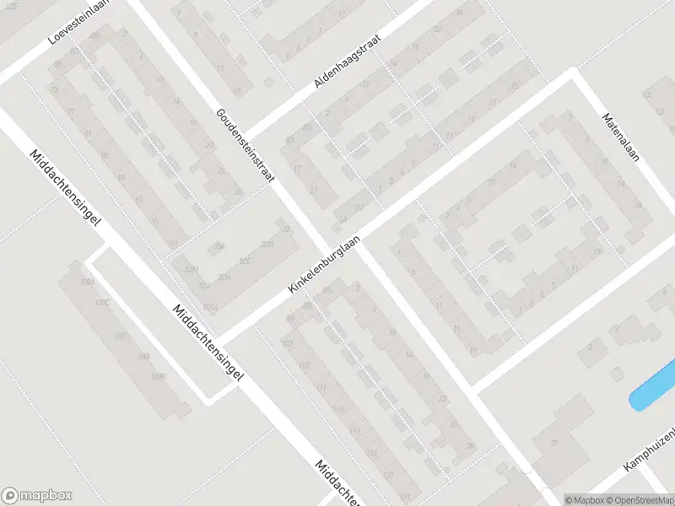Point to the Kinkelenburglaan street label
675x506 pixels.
[x=324, y=264]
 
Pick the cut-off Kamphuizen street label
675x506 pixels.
[x=650, y=447]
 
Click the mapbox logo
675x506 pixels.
[x=37, y=496]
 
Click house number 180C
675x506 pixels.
[x=102, y=301]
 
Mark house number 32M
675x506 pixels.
[x=192, y=269]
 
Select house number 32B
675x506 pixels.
[x=267, y=245]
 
